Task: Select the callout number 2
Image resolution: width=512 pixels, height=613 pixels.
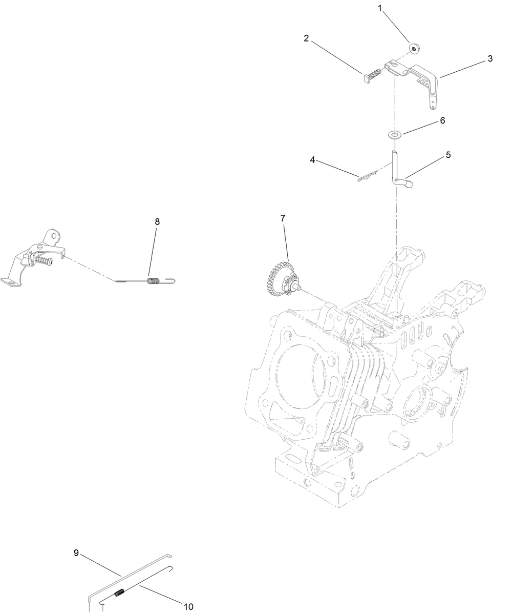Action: coord(306,38)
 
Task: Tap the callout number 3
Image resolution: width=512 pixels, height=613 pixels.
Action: coord(490,58)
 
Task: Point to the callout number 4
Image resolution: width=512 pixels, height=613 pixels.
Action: coord(312,159)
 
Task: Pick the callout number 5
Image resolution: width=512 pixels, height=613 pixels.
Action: coord(448,155)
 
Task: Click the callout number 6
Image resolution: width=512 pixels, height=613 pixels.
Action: coord(442,120)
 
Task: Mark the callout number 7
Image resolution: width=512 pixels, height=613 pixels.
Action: coord(283,218)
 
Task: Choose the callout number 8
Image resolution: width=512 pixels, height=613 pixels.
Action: coord(157,221)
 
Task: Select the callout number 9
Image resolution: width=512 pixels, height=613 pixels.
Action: coord(76,553)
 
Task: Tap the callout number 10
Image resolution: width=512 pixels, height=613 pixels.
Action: coord(188,606)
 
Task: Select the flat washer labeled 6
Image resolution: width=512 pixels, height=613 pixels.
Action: coord(394,135)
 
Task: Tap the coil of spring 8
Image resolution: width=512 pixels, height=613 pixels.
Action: coord(153,280)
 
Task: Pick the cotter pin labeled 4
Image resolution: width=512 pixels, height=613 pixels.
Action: coord(366,176)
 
